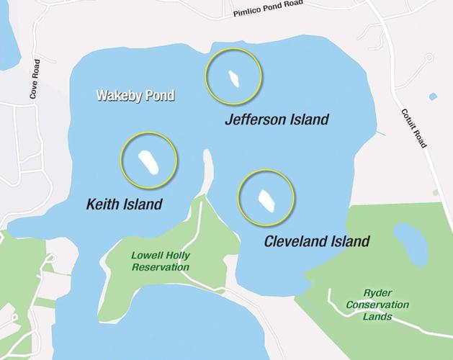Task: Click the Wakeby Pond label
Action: [137, 95]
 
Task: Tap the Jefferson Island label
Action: [277, 120]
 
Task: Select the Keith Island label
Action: [124, 204]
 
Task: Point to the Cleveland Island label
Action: [317, 241]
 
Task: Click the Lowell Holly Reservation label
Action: [160, 261]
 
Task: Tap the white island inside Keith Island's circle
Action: [149, 161]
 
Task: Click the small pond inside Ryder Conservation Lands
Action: [411, 243]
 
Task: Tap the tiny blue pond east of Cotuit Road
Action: [433, 96]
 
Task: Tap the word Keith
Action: [102, 204]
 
